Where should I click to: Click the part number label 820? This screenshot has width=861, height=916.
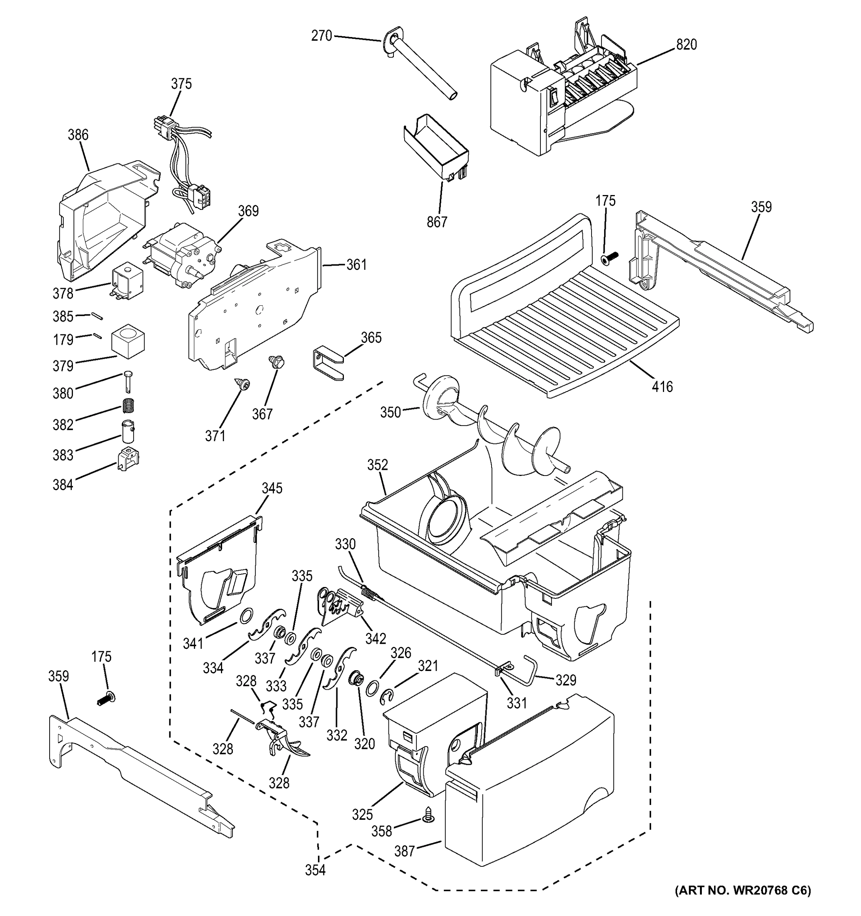point(687,45)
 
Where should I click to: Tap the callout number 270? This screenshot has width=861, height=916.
point(322,35)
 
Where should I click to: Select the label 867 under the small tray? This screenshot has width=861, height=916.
point(437,222)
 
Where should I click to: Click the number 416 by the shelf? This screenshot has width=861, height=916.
point(662,387)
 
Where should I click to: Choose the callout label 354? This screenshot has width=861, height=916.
point(315,870)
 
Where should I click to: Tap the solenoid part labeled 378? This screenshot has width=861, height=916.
point(125,282)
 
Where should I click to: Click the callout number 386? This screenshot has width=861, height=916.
point(78,135)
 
